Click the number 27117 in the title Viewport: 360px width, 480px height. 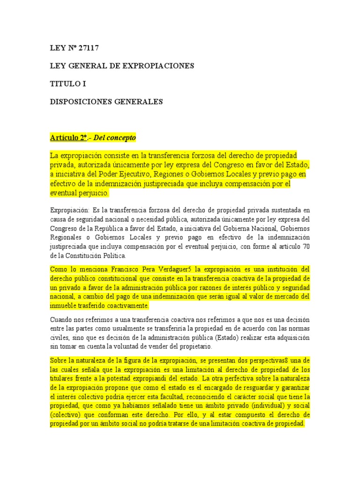(x=89, y=48)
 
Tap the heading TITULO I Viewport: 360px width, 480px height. (x=68, y=84)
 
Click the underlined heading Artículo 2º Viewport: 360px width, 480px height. (x=69, y=138)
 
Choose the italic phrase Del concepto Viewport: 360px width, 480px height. (x=115, y=138)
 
